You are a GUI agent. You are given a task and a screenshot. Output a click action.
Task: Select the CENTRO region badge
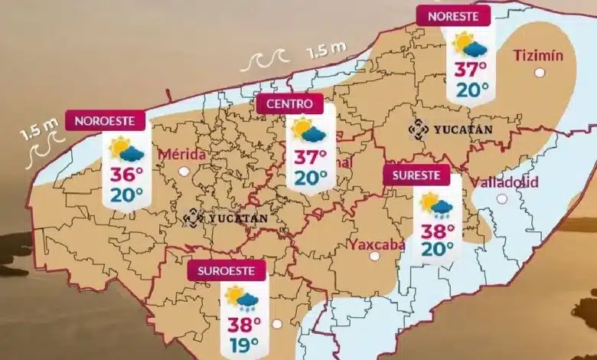click(289, 103)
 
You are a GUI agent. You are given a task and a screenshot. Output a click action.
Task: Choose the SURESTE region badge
click(416, 175)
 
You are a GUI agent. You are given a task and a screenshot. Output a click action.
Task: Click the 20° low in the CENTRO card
click(310, 178)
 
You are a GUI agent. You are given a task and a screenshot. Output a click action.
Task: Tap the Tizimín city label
click(539, 54)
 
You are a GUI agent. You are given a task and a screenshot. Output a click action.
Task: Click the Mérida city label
click(182, 154)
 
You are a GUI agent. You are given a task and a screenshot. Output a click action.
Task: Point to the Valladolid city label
click(504, 182)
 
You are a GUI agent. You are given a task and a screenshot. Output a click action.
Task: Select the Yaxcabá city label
click(375, 244)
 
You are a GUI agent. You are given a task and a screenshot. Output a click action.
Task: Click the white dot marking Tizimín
click(540, 73)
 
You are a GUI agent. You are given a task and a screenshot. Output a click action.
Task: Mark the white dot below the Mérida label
click(184, 172)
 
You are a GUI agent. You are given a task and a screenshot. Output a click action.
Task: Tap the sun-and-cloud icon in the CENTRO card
click(308, 130)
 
